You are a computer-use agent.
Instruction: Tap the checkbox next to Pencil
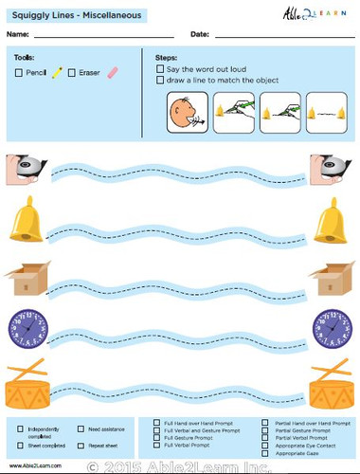click(x=19, y=71)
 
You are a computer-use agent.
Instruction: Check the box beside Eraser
click(x=73, y=71)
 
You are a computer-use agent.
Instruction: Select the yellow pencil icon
click(x=57, y=71)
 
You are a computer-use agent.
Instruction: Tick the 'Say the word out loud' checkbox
click(x=158, y=69)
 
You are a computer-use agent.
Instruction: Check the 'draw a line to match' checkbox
click(x=158, y=81)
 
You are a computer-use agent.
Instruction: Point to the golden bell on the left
click(x=24, y=225)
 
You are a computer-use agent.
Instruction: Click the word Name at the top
click(x=16, y=34)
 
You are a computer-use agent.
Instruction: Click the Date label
click(x=199, y=34)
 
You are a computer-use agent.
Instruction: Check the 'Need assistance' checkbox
click(x=81, y=429)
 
